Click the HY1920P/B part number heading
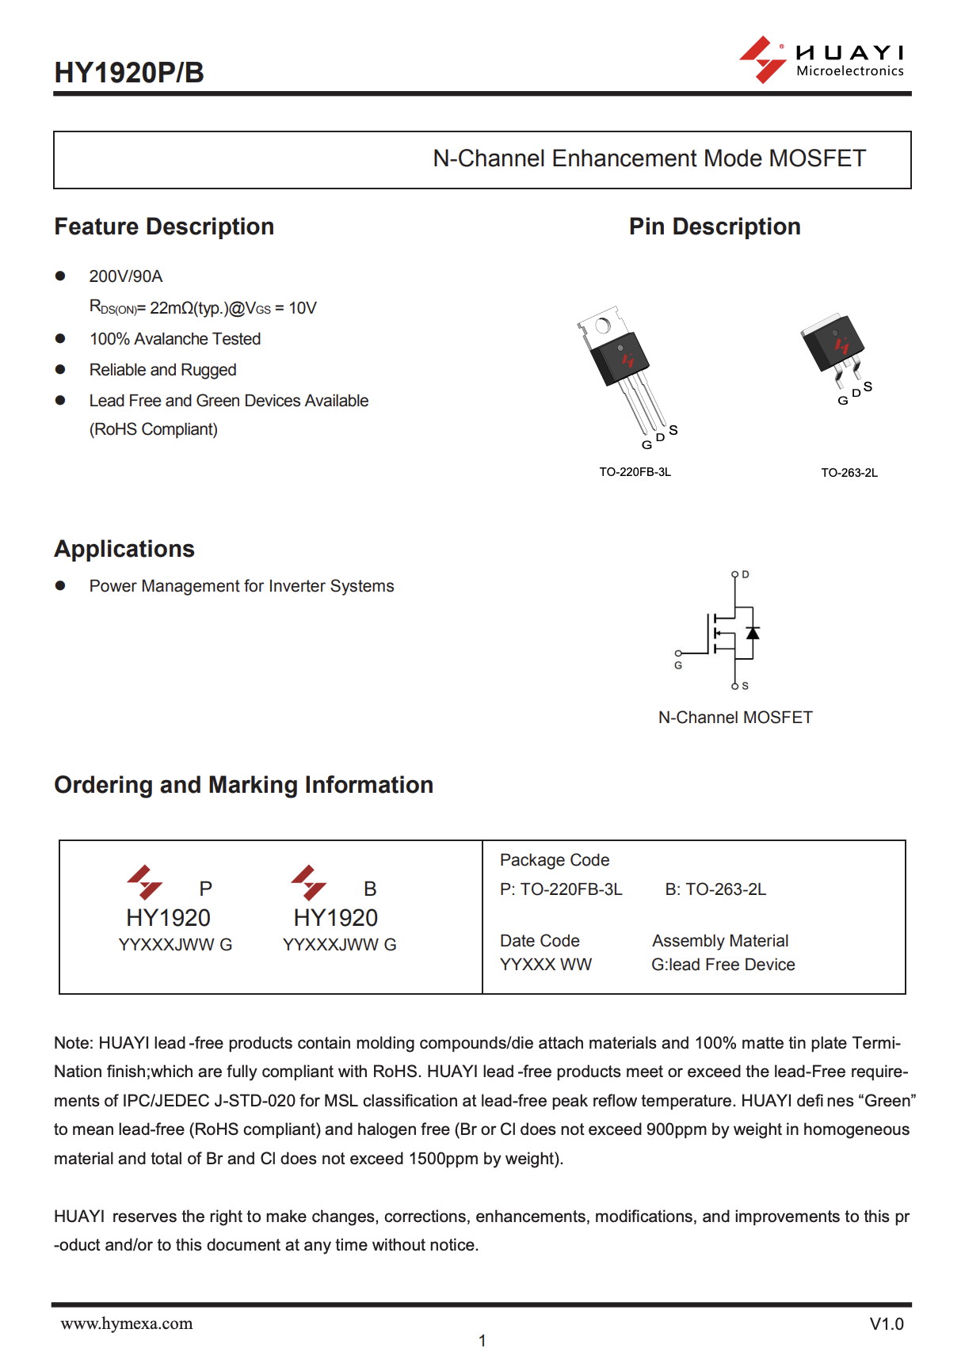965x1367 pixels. tap(129, 73)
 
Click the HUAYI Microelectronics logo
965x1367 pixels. tap(822, 60)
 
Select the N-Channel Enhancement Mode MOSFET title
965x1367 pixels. tap(649, 158)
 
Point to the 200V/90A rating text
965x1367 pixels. tap(126, 276)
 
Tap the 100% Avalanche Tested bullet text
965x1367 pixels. tap(175, 339)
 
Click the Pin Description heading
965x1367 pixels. tap(715, 227)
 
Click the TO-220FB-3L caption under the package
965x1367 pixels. tap(635, 472)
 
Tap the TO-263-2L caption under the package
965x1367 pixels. tap(849, 473)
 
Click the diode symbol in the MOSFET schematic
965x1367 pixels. tap(753, 633)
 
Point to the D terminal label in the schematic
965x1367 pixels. tap(746, 574)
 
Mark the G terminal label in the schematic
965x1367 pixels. tap(678, 665)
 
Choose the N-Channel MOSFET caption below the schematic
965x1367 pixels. tap(735, 718)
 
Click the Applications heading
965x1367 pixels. tap(124, 549)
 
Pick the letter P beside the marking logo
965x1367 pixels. tap(206, 889)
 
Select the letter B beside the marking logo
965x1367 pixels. tap(370, 889)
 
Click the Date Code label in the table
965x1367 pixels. tap(540, 941)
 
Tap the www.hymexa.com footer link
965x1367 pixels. tap(127, 1323)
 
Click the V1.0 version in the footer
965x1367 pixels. tap(887, 1324)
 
